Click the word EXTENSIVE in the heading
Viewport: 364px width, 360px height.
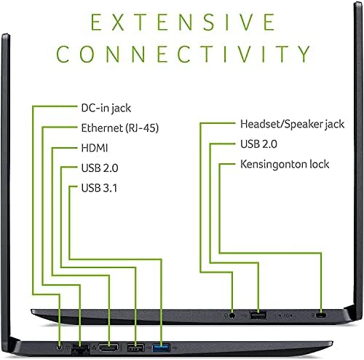[183, 22]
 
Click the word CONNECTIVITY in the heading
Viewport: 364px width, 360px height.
[183, 54]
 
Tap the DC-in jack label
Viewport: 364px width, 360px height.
[106, 109]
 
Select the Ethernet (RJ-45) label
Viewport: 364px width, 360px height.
[120, 128]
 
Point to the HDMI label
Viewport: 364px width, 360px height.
[95, 148]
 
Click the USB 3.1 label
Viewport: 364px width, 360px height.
[99, 188]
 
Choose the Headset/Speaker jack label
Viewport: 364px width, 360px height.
[292, 124]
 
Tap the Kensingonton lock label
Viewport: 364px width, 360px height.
[285, 164]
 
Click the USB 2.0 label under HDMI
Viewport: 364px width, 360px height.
[100, 168]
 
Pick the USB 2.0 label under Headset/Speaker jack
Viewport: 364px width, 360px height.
[258, 144]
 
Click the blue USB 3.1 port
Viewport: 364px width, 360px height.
[161, 348]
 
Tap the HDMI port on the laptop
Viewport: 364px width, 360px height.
[108, 348]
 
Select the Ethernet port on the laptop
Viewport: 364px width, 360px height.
[80, 348]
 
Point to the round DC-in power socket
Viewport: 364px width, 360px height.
[59, 347]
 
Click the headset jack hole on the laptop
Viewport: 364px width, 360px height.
[232, 316]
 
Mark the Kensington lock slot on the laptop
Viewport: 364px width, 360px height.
[321, 316]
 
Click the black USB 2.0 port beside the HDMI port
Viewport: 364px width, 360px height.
[135, 348]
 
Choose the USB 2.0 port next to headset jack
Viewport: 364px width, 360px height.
[258, 316]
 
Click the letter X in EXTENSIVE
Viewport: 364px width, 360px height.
[119, 22]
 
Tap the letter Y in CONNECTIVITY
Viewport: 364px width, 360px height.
[303, 54]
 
